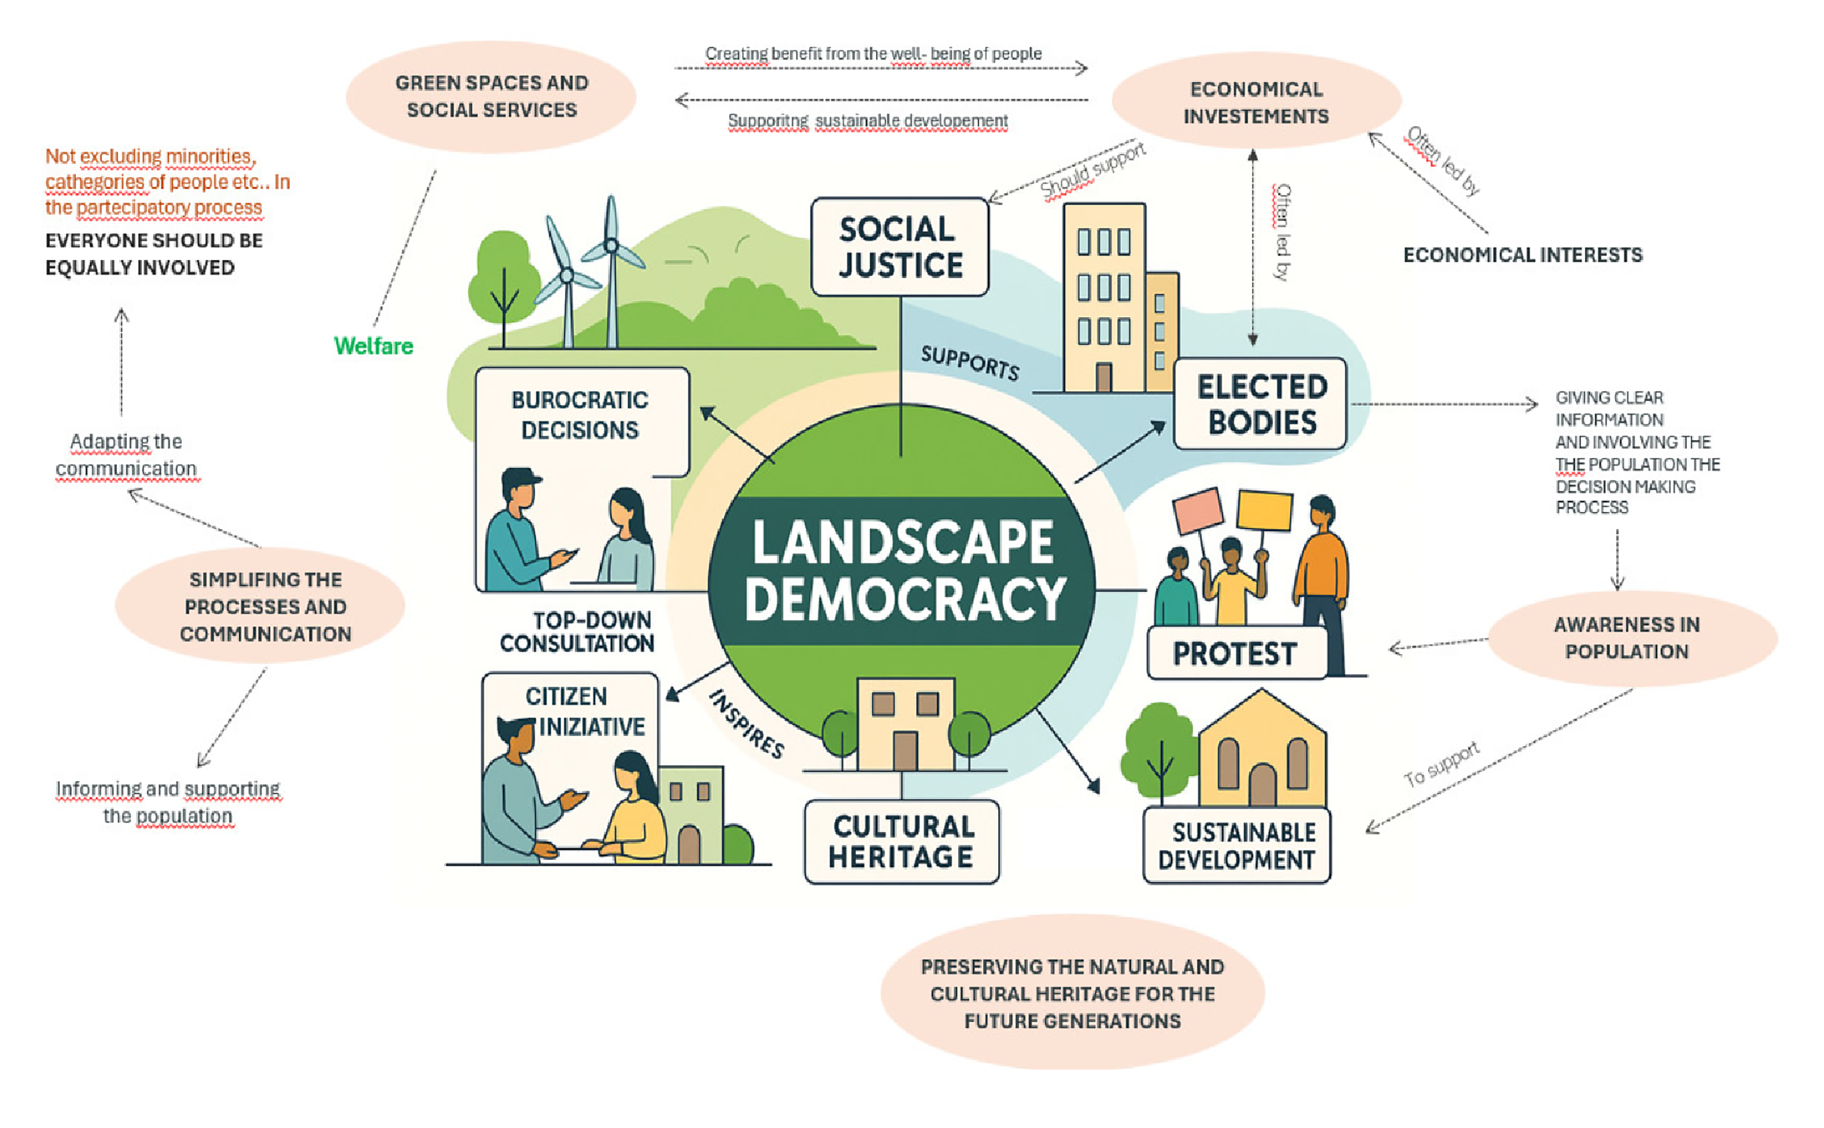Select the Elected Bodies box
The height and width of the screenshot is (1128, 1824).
point(1260,404)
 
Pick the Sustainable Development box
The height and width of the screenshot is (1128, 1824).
point(1237,845)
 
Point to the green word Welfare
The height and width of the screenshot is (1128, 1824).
point(373,346)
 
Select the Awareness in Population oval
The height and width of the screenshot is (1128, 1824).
point(1633,638)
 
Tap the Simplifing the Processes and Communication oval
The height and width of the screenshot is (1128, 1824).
point(261,606)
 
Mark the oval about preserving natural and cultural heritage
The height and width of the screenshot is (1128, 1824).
point(1073,992)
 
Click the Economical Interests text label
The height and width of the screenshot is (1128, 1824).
point(1522,255)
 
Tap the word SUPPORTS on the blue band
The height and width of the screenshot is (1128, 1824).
point(969,363)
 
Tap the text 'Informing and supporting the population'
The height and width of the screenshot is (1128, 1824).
point(168,802)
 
